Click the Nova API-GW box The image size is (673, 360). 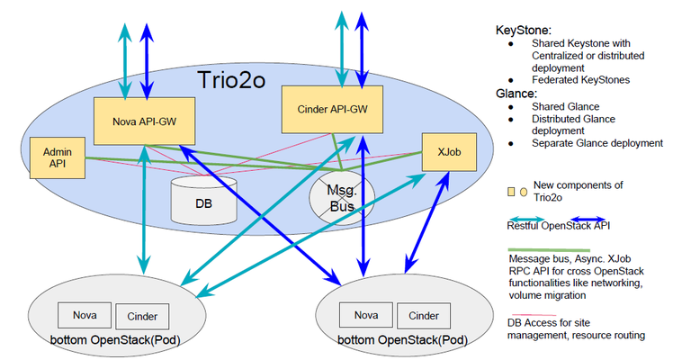pyautogui.click(x=142, y=119)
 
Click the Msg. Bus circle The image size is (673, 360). pyautogui.click(x=339, y=198)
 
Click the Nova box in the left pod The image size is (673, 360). pyautogui.click(x=85, y=315)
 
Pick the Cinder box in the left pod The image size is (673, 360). pyautogui.click(x=142, y=315)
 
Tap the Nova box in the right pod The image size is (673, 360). pyautogui.click(x=364, y=315)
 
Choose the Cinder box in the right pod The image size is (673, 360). pyautogui.click(x=423, y=315)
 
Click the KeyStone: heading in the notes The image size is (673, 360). pyautogui.click(x=523, y=29)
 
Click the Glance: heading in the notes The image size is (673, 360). pyautogui.click(x=517, y=92)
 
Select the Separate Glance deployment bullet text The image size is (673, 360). pyautogui.click(x=597, y=142)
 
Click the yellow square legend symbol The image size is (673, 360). pyautogui.click(x=512, y=191)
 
